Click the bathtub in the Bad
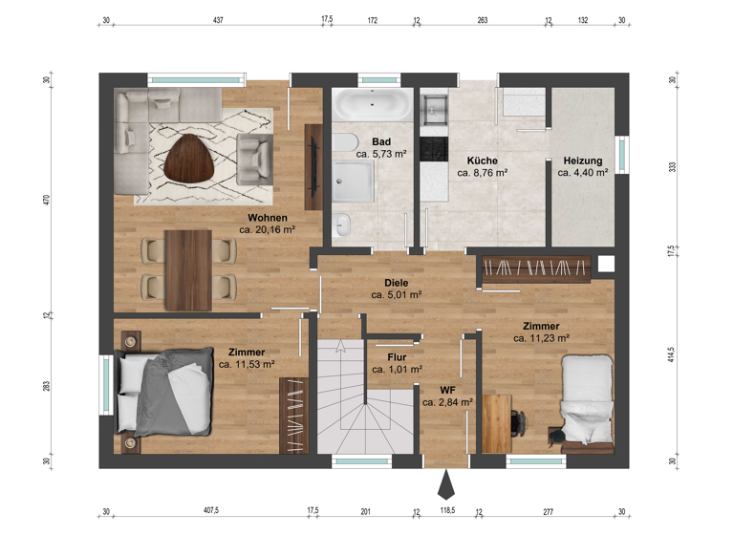coord(373,104)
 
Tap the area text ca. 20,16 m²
coord(267,230)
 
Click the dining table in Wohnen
coord(187,269)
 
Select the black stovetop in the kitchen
coord(434,148)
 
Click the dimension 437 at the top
coord(218,19)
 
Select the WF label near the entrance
coord(446,390)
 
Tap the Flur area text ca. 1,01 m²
coord(397,370)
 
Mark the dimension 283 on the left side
coord(46,387)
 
